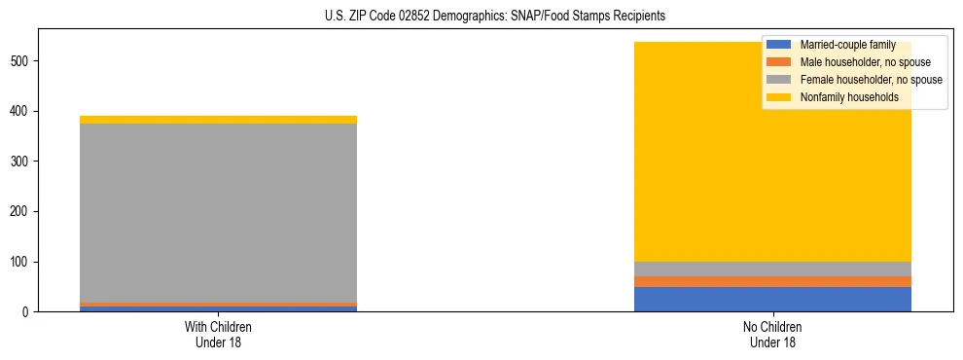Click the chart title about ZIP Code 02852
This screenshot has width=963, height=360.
pos(495,17)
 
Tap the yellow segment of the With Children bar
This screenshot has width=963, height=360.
pos(218,120)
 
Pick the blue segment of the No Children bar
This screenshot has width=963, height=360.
pos(772,300)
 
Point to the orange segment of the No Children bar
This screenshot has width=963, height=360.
pos(772,281)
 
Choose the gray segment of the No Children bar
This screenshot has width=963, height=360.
pos(772,269)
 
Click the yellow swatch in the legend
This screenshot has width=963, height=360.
pos(779,97)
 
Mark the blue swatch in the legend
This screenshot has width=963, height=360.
pos(779,45)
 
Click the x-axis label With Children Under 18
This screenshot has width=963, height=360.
pos(218,335)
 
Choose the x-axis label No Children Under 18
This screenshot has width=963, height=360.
pos(772,335)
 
